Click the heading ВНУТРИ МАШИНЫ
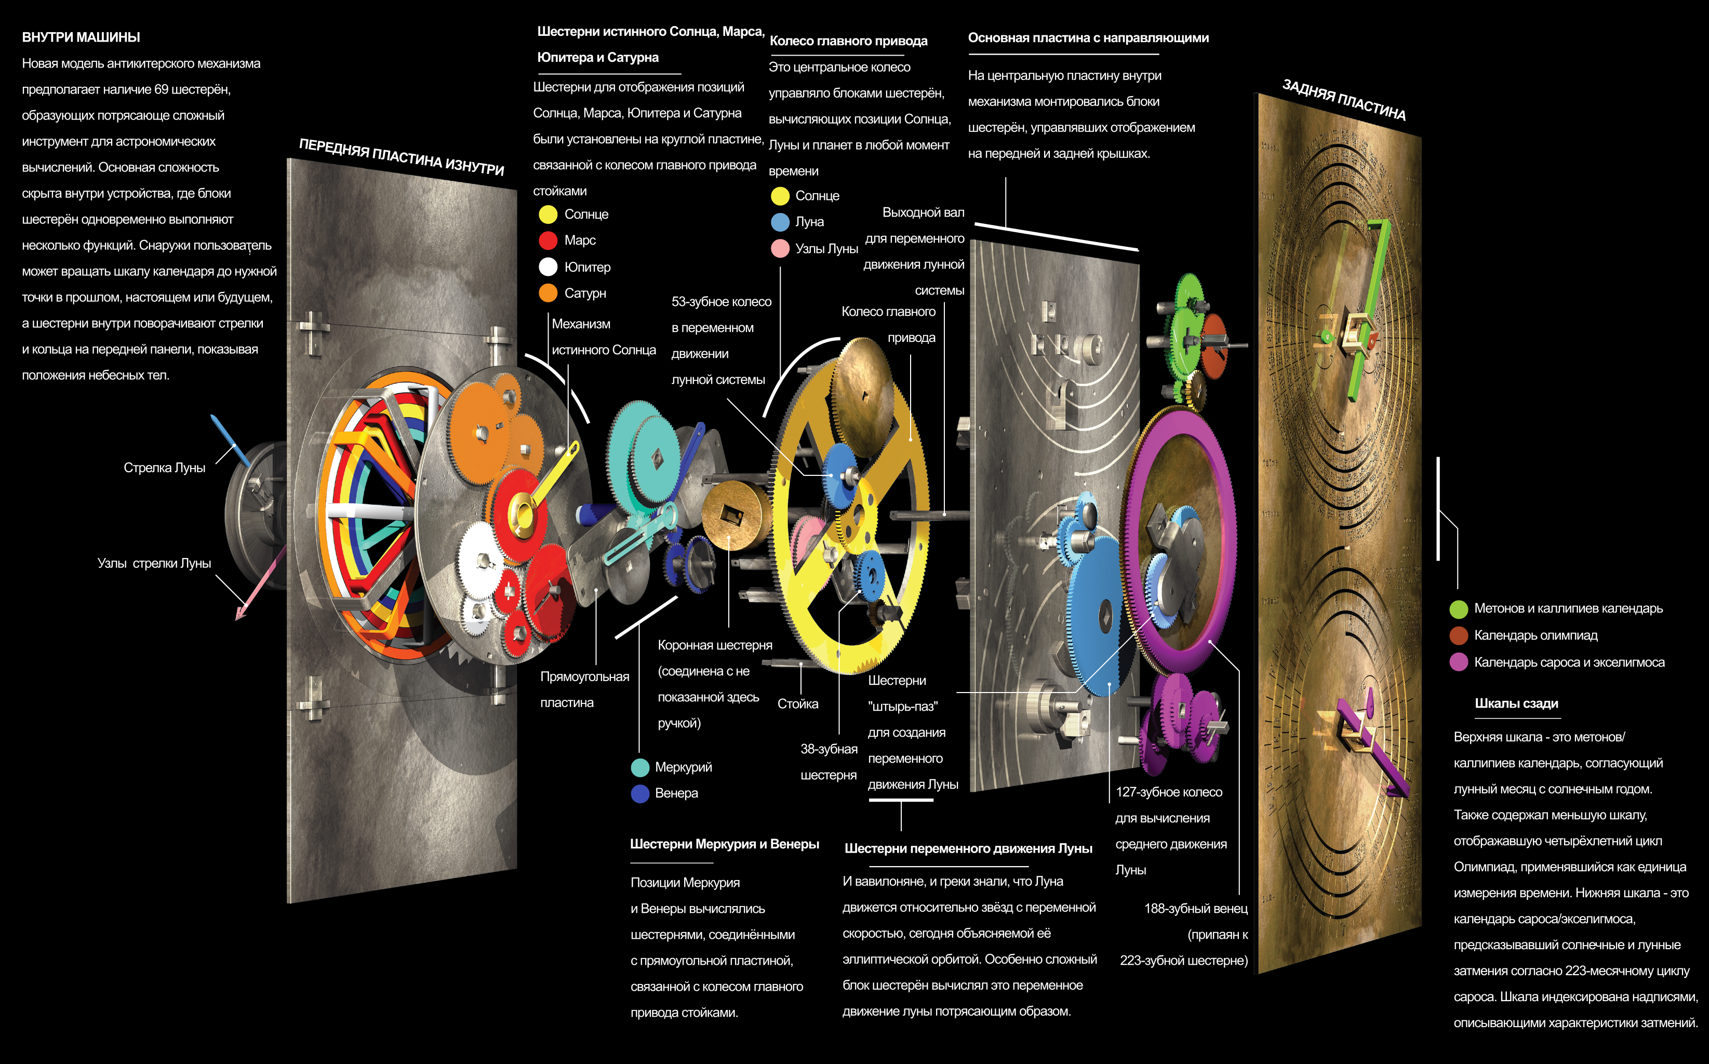pos(81,37)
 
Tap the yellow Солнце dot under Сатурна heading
pos(548,214)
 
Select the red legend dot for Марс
pos(548,241)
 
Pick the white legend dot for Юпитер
pos(548,267)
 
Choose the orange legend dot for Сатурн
pos(548,292)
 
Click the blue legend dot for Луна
pos(780,222)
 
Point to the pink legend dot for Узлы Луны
pos(780,248)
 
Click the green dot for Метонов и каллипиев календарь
pos(1459,609)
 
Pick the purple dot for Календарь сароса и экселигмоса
pos(1459,662)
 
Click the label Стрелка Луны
pos(164,468)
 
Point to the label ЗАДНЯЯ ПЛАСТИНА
pos(1343,100)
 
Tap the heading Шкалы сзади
pos(1516,703)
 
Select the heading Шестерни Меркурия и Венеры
pos(724,844)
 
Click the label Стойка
pos(797,703)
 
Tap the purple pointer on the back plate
pos(1372,746)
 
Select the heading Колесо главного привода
pos(848,41)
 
